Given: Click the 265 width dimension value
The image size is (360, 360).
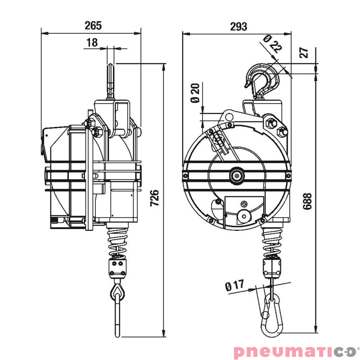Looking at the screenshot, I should pos(93,26).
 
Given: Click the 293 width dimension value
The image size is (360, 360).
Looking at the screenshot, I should pos(238,27).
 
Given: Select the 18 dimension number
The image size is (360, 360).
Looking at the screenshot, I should pos(92,43).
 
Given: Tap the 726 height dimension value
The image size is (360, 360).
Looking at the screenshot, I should pos(154,198).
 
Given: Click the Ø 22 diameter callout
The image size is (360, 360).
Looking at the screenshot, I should pos(272,44).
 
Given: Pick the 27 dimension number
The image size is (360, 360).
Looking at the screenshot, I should pos(305,52).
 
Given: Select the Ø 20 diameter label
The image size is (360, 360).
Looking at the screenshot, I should pos(195,93).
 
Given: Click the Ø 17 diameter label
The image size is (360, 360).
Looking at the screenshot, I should pos(234,285).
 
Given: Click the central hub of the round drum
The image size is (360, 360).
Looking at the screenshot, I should pos(236,175).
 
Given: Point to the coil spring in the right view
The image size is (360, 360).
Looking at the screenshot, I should pos(272,240).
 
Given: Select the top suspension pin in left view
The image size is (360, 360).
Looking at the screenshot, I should pos(111,81).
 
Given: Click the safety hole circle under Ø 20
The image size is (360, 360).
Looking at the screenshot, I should pos(229,117).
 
